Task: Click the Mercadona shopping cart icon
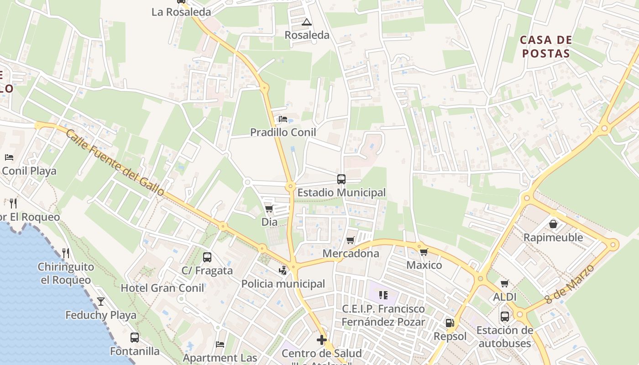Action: [x=350, y=240]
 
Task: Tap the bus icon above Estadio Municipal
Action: [x=341, y=179]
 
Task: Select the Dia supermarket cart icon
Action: [x=269, y=209]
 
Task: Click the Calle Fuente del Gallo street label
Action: [x=115, y=162]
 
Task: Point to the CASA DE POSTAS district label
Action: [x=546, y=47]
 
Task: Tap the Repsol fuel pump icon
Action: [x=450, y=323]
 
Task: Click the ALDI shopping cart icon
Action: [x=504, y=284]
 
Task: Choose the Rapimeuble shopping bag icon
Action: [x=553, y=224]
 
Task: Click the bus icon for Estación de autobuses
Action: [x=504, y=316]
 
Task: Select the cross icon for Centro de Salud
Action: [x=322, y=340]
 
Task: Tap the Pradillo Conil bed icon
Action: [x=283, y=119]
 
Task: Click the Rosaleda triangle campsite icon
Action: [x=307, y=22]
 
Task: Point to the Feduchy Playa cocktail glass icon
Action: [x=101, y=302]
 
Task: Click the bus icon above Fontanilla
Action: [x=135, y=338]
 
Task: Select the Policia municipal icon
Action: [x=283, y=271]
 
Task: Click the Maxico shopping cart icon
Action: [x=424, y=252]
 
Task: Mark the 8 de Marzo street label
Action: [x=571, y=284]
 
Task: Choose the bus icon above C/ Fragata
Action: [x=207, y=257]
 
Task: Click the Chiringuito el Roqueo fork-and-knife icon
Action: [x=66, y=253]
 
